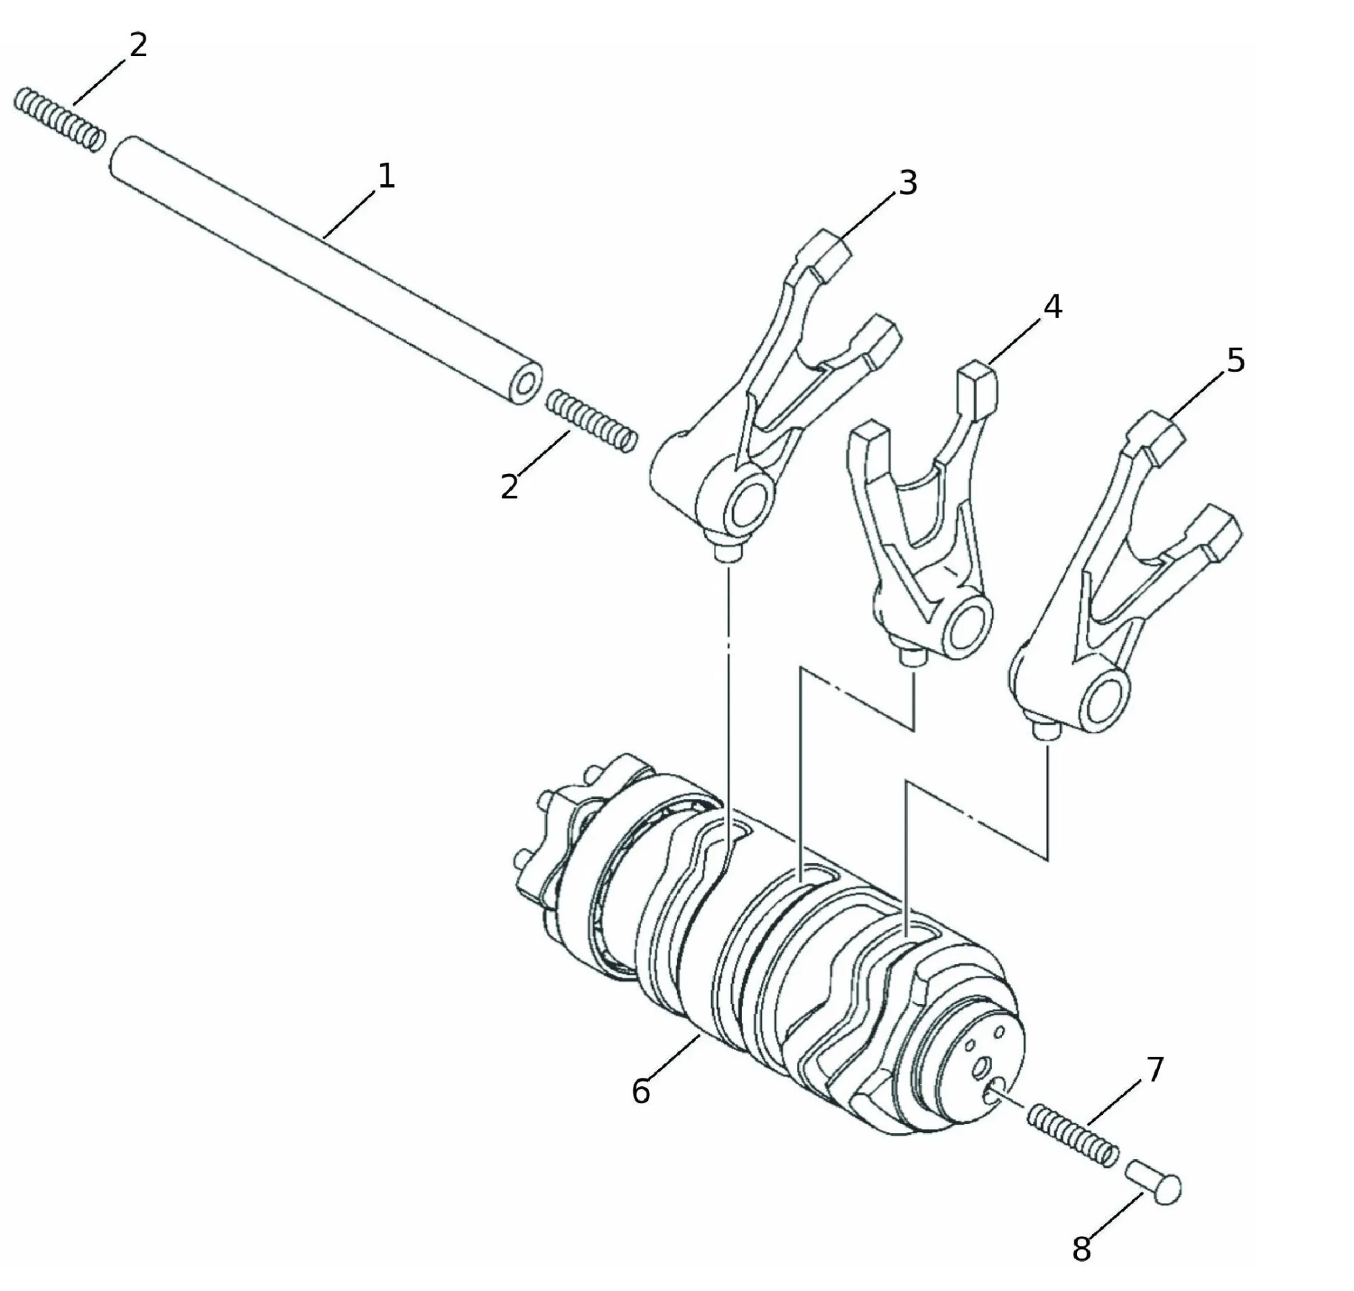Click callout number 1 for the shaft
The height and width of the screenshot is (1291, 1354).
(387, 176)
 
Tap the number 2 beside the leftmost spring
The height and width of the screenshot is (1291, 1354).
(138, 45)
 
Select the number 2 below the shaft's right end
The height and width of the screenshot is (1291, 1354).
(509, 486)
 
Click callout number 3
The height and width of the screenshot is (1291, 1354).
(908, 183)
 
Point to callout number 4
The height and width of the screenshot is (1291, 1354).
(1053, 307)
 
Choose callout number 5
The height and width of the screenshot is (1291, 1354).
(1236, 361)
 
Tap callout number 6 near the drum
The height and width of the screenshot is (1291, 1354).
(640, 1091)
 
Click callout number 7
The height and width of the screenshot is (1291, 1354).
(1154, 1070)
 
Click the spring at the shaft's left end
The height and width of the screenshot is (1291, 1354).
(60, 119)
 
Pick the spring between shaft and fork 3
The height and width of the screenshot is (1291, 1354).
(592, 420)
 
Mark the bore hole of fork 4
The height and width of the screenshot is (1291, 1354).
(969, 623)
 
